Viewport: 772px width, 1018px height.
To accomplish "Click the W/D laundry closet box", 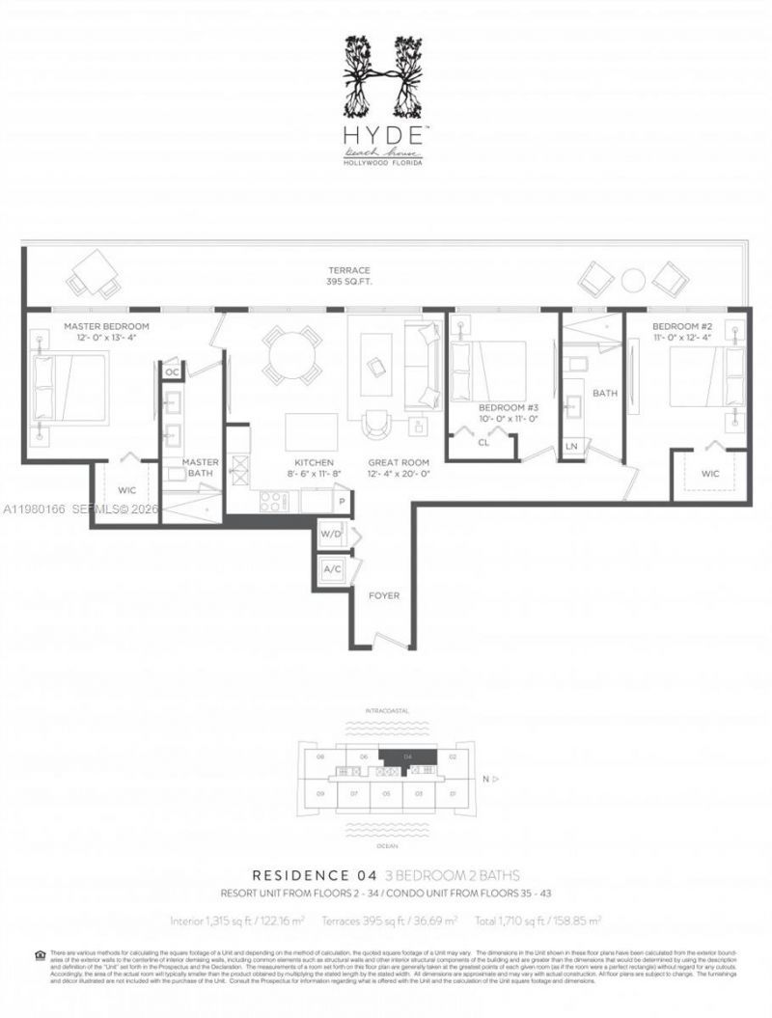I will [332, 535].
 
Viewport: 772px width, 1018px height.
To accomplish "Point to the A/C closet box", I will [332, 569].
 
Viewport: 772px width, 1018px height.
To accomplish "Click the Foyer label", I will [384, 595].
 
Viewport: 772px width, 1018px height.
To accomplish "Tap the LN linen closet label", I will [572, 446].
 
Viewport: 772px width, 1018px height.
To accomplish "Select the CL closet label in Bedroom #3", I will [483, 443].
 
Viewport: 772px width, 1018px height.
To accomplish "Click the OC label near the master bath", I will [173, 371].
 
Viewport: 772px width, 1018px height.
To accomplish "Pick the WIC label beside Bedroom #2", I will [711, 473].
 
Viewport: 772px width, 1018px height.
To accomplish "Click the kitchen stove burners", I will [273, 501].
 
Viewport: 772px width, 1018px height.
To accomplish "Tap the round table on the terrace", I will [633, 280].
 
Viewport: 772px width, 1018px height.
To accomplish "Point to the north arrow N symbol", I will [487, 778].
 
